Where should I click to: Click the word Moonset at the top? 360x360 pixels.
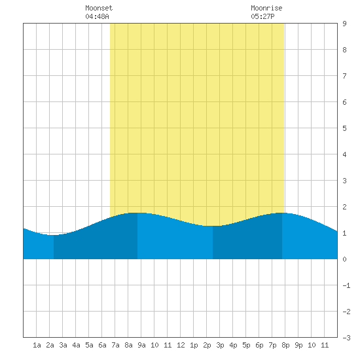click(99, 8)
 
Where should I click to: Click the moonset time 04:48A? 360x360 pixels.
click(97, 16)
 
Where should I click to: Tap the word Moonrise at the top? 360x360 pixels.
click(266, 8)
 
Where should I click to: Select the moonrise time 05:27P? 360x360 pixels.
click(262, 16)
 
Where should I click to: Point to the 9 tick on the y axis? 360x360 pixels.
click(344, 24)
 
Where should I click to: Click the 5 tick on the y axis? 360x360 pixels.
click(344, 128)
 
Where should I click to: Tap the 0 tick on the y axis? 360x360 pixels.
click(344, 259)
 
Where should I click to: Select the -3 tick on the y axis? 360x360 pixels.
click(346, 338)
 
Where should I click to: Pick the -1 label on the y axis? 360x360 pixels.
click(346, 285)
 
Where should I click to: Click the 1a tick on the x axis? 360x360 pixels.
click(37, 345)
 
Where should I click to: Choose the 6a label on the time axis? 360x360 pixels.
click(102, 345)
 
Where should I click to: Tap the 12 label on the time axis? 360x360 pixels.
click(181, 345)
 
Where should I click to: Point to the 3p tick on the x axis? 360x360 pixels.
click(220, 345)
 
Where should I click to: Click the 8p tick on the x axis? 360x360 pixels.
click(285, 345)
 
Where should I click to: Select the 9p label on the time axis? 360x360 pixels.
click(298, 345)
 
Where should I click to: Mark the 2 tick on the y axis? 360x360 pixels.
click(344, 207)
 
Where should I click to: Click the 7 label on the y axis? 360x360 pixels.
click(344, 76)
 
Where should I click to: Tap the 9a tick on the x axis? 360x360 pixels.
click(141, 345)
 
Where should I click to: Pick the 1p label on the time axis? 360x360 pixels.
click(194, 345)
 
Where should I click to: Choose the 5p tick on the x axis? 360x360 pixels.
click(246, 345)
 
